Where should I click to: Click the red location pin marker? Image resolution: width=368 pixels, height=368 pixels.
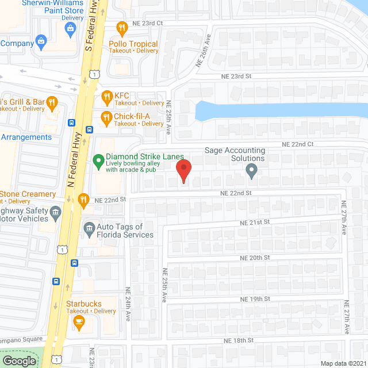(x=183, y=171)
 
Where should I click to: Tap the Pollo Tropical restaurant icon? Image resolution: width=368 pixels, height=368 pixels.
(x=121, y=28)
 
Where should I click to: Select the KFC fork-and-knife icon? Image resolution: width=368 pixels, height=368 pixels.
(x=106, y=96)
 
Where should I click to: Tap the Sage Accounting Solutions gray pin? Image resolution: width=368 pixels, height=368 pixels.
(x=251, y=170)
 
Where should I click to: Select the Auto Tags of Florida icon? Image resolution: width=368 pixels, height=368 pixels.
(x=89, y=229)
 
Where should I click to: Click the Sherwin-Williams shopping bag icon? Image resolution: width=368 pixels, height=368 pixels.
(x=71, y=28)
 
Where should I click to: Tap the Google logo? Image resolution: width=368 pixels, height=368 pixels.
(x=19, y=361)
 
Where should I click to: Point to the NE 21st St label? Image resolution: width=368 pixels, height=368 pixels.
(x=255, y=222)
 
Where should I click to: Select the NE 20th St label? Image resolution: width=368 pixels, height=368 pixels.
(x=255, y=258)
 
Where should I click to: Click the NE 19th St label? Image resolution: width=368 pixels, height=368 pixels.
(x=255, y=299)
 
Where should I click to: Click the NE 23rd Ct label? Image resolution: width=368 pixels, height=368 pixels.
(x=148, y=23)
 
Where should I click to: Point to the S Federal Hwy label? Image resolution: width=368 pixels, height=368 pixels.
(x=90, y=26)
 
